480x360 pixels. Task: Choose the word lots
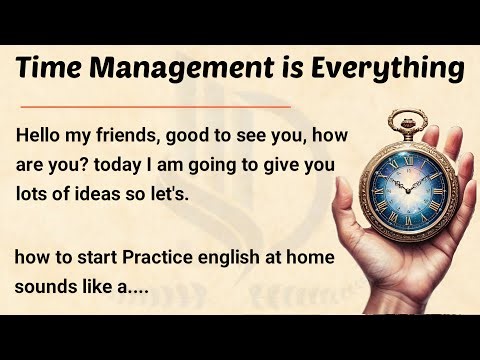pyautogui.click(x=36, y=193)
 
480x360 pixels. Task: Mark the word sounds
pyautogui.click(x=44, y=285)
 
